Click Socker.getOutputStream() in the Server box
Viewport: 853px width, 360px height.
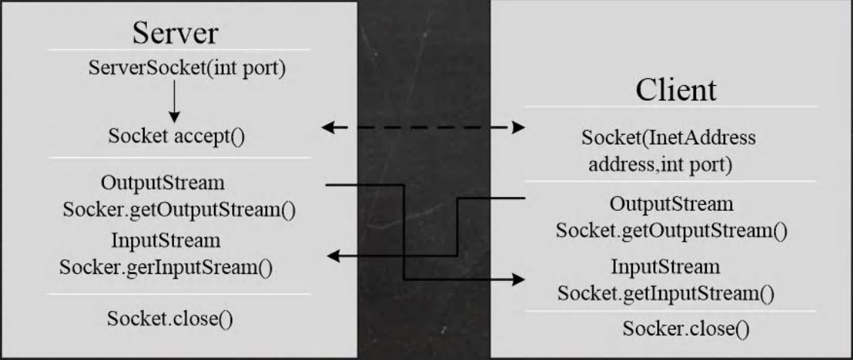(179, 209)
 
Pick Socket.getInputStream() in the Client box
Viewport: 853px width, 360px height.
(666, 291)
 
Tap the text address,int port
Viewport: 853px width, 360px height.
(660, 163)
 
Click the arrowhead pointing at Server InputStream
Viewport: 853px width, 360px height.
(333, 257)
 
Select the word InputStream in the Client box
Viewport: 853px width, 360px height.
(665, 267)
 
